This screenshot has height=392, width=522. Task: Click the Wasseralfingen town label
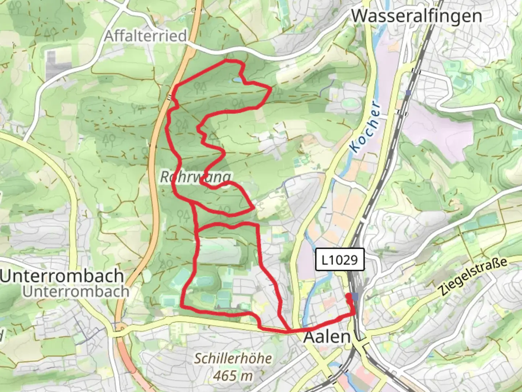click(417, 16)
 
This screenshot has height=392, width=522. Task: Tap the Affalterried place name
click(146, 36)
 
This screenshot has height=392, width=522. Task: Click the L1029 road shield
click(340, 260)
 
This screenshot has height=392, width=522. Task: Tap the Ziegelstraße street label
click(472, 276)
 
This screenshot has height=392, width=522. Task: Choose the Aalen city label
click(327, 337)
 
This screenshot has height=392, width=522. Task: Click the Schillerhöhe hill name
click(233, 359)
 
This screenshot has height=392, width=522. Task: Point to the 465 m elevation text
click(233, 375)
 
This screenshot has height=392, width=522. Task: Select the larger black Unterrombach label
click(62, 276)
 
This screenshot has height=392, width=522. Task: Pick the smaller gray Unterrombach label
click(76, 291)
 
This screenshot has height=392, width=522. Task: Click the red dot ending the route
click(349, 296)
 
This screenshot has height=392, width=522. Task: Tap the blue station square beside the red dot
click(355, 297)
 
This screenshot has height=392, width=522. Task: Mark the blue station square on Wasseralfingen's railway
click(409, 93)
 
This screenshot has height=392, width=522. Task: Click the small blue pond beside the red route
click(237, 79)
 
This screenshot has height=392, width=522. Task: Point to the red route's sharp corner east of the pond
click(271, 88)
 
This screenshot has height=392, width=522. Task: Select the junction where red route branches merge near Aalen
click(288, 331)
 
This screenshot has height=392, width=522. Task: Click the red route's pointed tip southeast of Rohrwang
click(253, 208)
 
